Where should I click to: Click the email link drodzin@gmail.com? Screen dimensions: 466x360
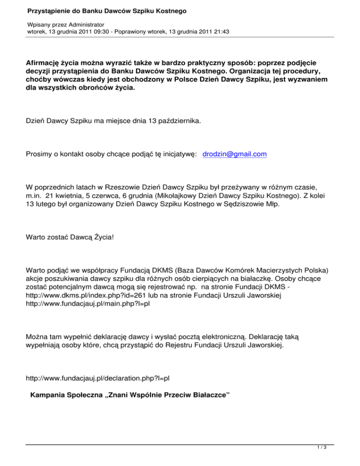[x=235, y=154]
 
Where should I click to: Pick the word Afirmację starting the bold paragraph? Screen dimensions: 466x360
[x=45, y=61]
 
